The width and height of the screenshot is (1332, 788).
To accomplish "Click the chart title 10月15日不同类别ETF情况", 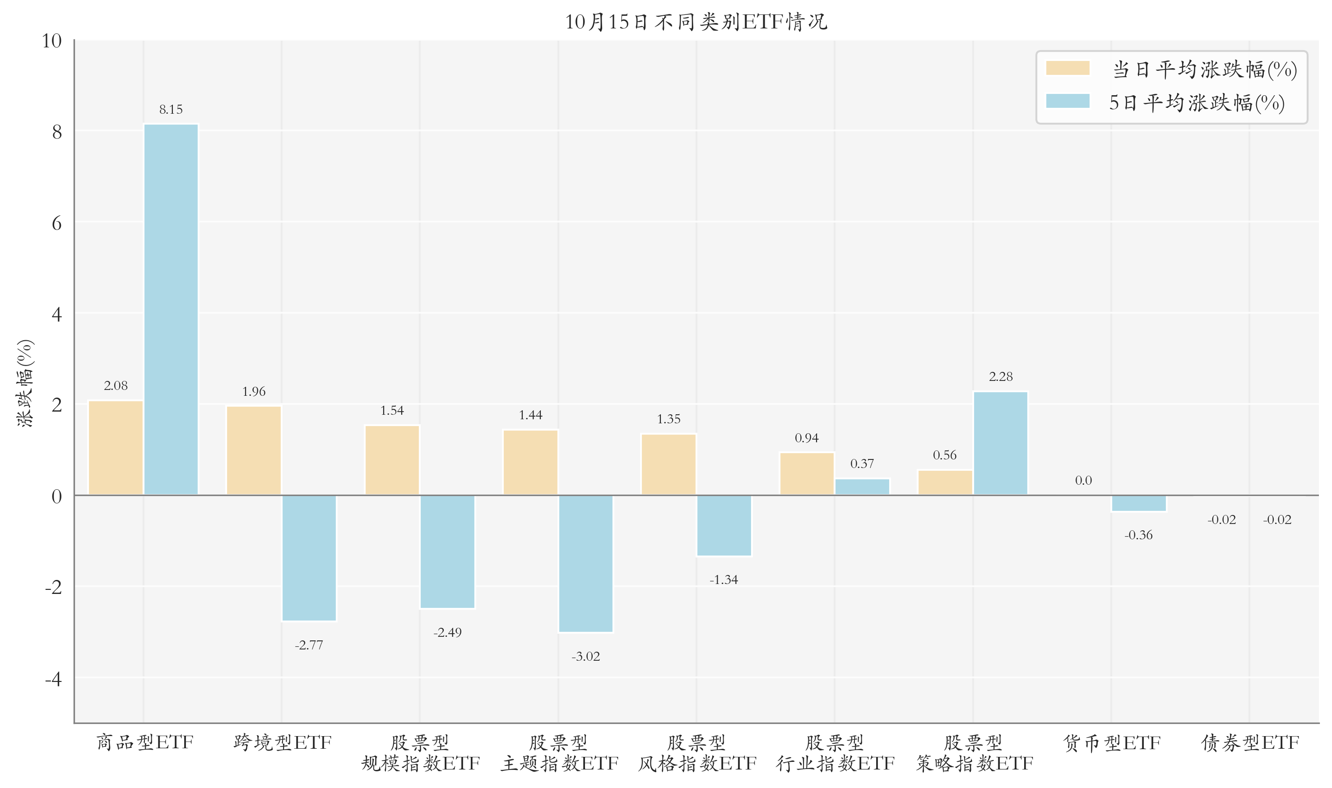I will point(696,22).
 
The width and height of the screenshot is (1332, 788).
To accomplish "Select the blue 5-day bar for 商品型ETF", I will point(171,309).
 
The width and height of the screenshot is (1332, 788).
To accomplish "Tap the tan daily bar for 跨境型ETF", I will point(254,450).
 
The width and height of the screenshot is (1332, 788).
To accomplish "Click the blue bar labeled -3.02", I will point(585,563).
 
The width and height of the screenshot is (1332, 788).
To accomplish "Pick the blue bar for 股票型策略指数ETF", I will point(1000,443).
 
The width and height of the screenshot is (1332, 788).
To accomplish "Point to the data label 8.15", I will point(171,109).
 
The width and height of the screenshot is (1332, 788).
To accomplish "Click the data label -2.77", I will point(309,645).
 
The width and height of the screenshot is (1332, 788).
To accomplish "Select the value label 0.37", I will point(862,464).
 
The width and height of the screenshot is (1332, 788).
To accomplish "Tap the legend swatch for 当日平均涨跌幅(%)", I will point(1067,69).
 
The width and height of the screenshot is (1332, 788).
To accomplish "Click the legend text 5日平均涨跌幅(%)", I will point(1197,102).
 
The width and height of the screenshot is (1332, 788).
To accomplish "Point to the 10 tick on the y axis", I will point(52,41).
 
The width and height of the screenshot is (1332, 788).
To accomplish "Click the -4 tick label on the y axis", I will point(53,679).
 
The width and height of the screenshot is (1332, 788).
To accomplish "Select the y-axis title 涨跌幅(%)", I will point(25,383).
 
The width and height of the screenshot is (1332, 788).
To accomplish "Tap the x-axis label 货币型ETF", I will point(1112,743).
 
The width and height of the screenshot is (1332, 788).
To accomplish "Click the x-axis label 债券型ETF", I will point(1250,743).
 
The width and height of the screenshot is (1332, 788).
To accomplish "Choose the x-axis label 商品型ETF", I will point(144,742).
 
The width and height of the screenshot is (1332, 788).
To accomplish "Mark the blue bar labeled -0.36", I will point(1138,503).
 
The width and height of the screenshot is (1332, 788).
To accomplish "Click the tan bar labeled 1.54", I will point(392,460).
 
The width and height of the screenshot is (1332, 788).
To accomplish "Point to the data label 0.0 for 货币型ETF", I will point(1083,481).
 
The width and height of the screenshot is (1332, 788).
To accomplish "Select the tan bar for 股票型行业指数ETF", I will point(807,473).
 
